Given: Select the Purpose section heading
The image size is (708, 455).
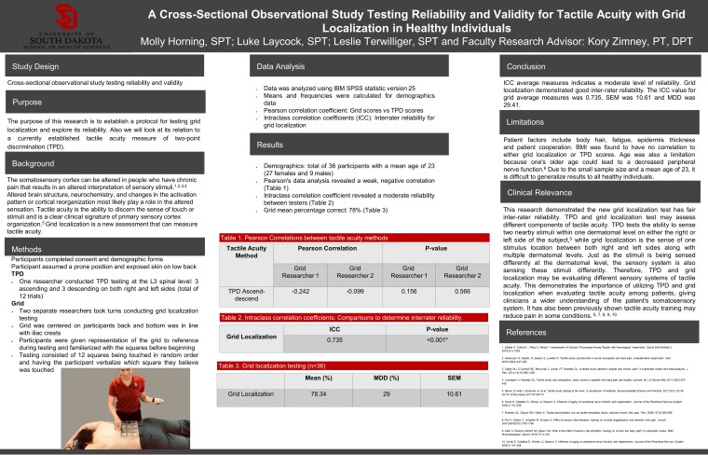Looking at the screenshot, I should tap(28, 102).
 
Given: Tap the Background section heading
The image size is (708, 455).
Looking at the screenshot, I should tap(35, 164).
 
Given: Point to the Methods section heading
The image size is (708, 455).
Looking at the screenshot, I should tap(31, 250).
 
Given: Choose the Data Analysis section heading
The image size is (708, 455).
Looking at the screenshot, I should tap(280, 67).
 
